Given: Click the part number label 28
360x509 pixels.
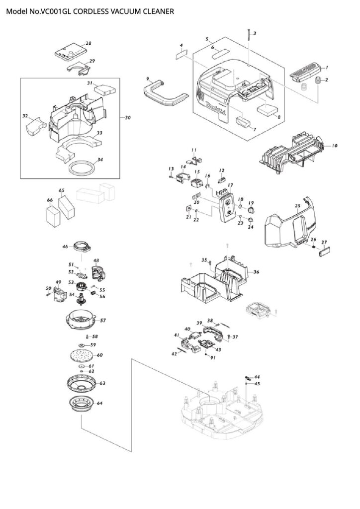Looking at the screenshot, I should point(89,44).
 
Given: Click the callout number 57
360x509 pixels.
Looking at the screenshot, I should point(103,321).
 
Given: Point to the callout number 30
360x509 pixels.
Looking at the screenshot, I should point(128,118).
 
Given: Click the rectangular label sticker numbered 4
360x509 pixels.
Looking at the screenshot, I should point(181,54).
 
